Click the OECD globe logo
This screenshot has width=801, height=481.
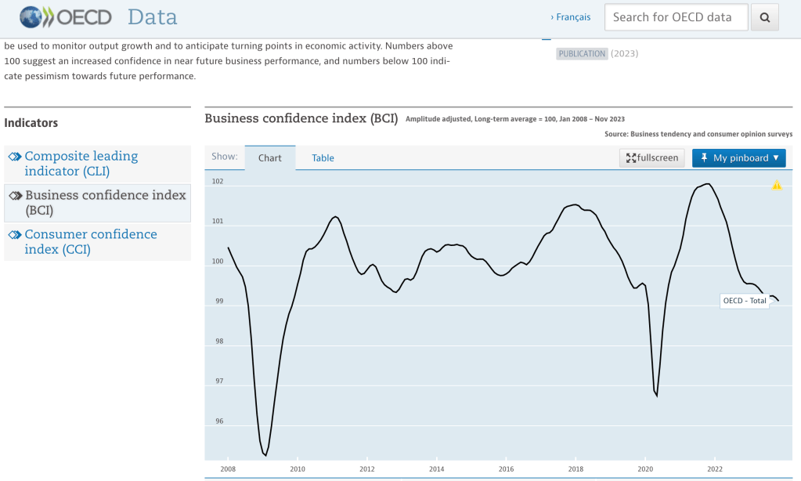(30, 17)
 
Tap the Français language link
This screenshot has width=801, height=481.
(571, 17)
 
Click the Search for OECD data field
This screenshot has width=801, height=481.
(677, 17)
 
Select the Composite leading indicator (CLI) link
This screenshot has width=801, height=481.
(81, 164)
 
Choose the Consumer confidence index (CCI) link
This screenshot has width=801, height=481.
(90, 241)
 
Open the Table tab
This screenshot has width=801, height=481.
(323, 158)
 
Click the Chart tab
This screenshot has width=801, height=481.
(269, 158)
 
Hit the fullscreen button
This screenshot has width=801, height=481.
(651, 158)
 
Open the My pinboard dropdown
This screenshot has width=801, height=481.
(738, 158)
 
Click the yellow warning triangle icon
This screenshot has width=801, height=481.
(777, 185)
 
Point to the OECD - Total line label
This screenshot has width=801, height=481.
(745, 301)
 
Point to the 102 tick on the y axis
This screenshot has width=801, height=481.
(218, 181)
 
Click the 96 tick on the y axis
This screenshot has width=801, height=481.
(219, 421)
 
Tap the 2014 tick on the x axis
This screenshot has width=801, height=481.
(437, 468)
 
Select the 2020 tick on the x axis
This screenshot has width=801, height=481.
(645, 468)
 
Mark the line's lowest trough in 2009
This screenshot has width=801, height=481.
(265, 455)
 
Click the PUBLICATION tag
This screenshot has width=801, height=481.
(582, 54)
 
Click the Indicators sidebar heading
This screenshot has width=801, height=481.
(31, 123)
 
